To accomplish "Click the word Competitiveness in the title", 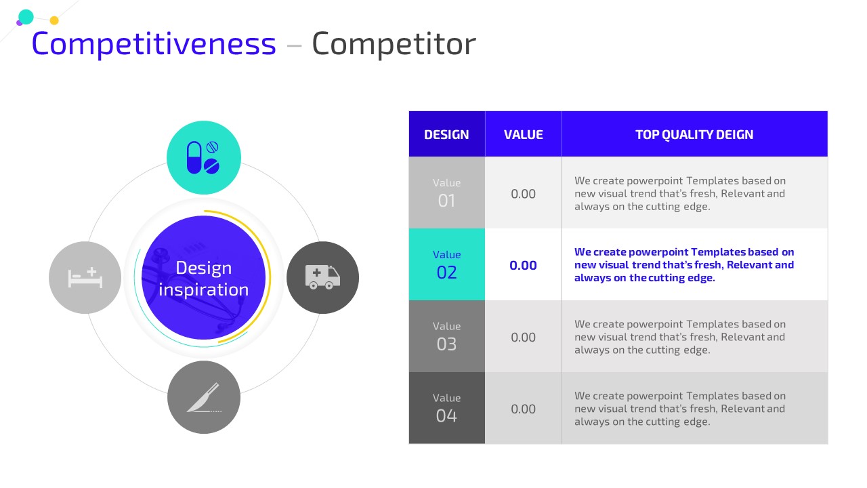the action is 154,45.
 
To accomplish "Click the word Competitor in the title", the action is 394,45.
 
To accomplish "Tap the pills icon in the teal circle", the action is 203,158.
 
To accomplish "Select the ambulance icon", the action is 323,277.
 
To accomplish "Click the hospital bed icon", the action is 85,278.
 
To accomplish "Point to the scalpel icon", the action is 204,398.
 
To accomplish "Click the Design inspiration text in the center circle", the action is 204,279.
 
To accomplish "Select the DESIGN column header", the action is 446,134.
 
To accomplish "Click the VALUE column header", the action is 524,134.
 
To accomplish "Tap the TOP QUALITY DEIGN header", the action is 694,134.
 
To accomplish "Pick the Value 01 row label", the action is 446,193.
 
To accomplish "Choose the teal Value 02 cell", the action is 446,264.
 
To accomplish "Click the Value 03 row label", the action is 446,336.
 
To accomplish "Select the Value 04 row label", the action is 446,408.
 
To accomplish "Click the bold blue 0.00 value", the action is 524,265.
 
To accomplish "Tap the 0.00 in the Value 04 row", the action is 524,409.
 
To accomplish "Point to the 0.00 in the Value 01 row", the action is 524,194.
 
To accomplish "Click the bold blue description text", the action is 684,265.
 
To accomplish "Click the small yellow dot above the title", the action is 54,20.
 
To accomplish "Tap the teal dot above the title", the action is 26,17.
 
